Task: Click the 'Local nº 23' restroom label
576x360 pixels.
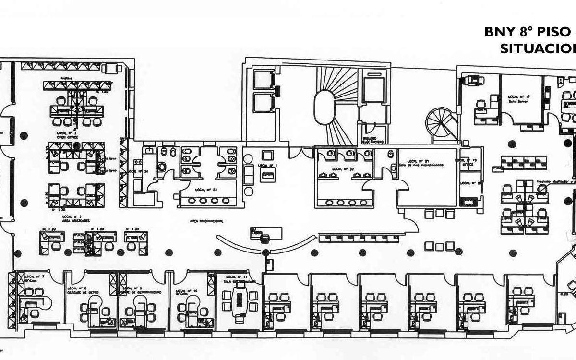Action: click(206, 190)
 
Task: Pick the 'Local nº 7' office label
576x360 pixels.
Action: click(35, 276)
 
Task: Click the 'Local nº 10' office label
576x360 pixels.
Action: click(187, 291)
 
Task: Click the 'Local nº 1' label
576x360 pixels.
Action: click(268, 165)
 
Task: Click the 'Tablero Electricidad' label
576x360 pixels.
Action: click(373, 140)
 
